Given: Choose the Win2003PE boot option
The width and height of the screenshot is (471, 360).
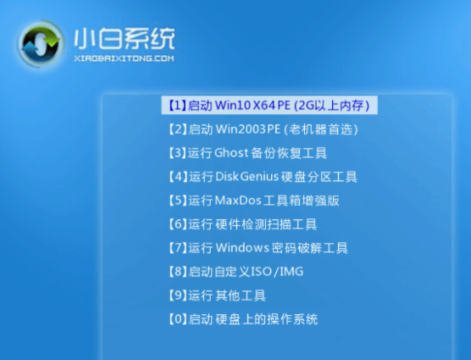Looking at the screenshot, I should pos(263,130).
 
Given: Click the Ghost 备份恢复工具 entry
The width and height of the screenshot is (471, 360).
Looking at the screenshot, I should pos(247,153).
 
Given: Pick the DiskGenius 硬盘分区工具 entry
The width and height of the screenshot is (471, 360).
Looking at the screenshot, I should pos(263,177).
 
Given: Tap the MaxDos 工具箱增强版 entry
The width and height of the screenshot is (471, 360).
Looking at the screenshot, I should pos(253,201).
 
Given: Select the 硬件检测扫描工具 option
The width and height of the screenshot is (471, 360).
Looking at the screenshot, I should pos(242,224).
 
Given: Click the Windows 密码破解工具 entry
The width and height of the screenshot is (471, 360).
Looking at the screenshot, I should pos(258,248).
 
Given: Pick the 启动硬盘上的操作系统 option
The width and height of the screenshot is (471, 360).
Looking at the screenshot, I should pos(243,319).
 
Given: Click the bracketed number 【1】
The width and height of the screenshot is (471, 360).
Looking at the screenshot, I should pos(176,106).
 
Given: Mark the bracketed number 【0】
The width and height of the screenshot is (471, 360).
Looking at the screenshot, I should pos(176,319).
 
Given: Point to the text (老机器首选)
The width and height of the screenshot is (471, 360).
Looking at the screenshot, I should pos(321,130).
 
